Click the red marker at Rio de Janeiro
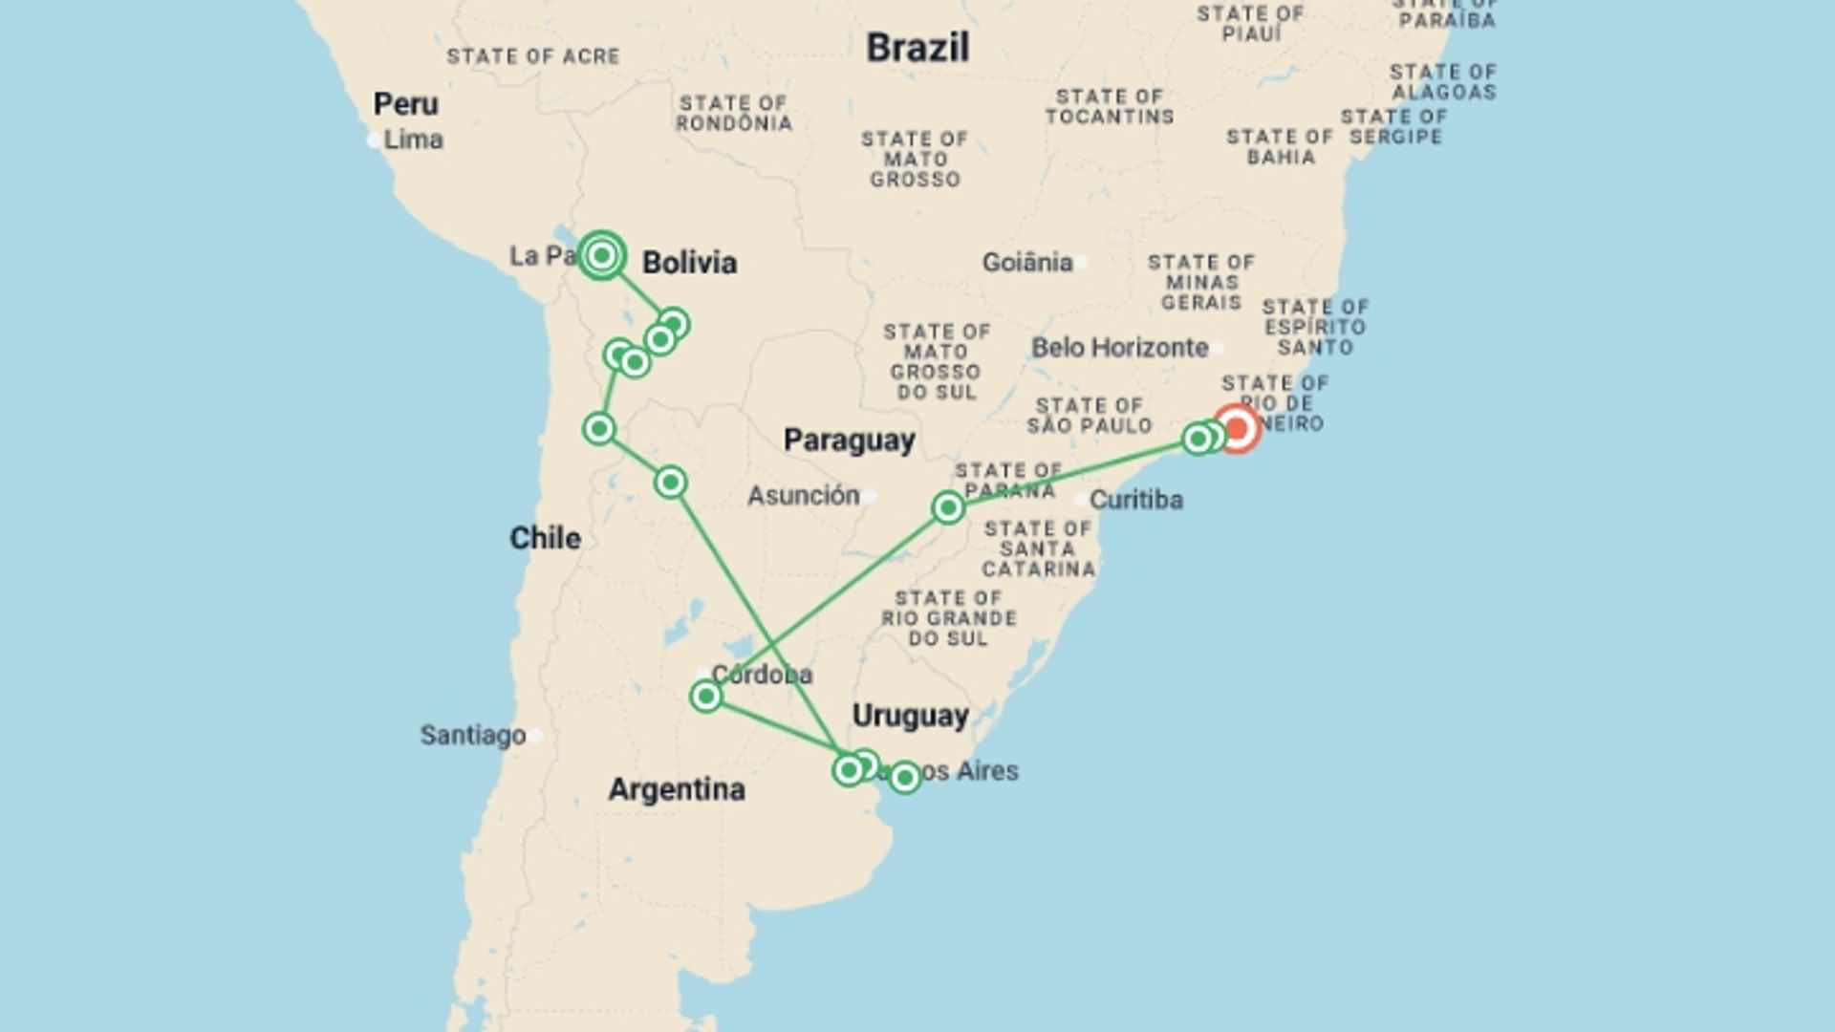tap(1237, 429)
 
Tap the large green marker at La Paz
tap(601, 255)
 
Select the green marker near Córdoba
tap(705, 697)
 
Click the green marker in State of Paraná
tap(948, 507)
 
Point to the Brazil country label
tap(917, 48)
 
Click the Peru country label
tap(405, 103)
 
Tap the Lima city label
tap(413, 140)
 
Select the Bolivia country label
tap(689, 263)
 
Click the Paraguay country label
tap(849, 440)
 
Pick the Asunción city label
tap(803, 495)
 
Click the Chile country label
tap(545, 538)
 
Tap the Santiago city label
tap(473, 735)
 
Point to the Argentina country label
tap(677, 789)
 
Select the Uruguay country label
tap(910, 716)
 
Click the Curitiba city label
tap(1135, 499)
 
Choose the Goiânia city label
tap(1027, 262)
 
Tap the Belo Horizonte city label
tap(1119, 348)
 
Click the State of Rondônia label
tap(733, 113)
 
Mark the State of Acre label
tap(533, 56)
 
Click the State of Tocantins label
tap(1109, 106)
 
